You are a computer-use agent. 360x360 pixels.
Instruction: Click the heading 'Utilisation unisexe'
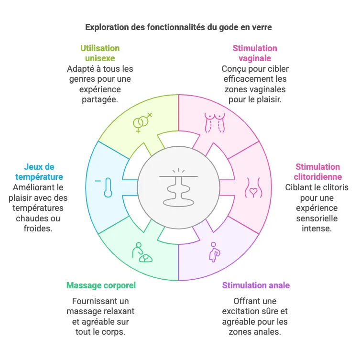pyautogui.click(x=100, y=53)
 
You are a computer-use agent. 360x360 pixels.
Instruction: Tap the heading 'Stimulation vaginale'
pyautogui.click(x=255, y=53)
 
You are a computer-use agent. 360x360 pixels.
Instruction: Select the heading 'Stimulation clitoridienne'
pyautogui.click(x=317, y=172)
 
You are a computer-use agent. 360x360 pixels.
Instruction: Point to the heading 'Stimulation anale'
pyautogui.click(x=256, y=285)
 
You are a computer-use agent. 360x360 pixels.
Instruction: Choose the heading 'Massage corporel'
pyautogui.click(x=101, y=285)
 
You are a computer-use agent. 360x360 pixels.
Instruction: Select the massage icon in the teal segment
pyautogui.click(x=142, y=253)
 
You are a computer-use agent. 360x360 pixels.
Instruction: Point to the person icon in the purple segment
pyautogui.click(x=213, y=252)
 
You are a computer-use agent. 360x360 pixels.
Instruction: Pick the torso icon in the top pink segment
pyautogui.click(x=214, y=123)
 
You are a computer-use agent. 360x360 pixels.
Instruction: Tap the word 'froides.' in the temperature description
pyautogui.click(x=38, y=229)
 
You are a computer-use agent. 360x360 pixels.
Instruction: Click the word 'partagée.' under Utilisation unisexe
pyautogui.click(x=100, y=99)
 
